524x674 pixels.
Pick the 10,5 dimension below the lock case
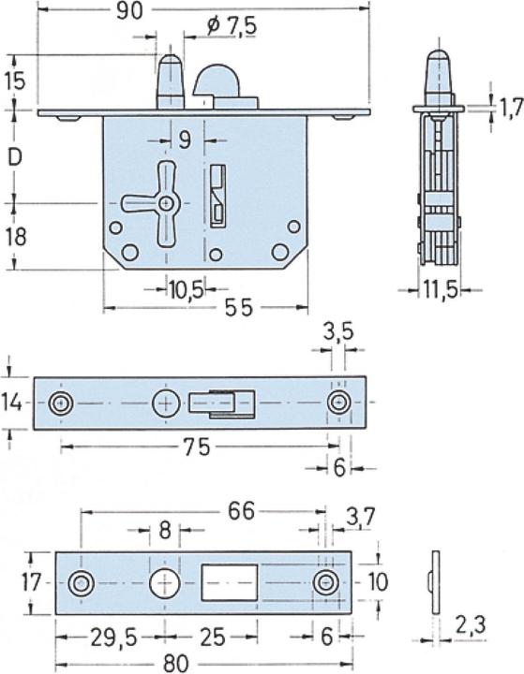tap(187, 290)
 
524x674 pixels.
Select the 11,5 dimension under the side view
tap(438, 290)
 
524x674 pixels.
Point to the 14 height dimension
tap(10, 403)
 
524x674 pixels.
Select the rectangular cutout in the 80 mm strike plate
tap(230, 582)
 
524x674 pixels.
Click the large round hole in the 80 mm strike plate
tap(165, 582)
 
